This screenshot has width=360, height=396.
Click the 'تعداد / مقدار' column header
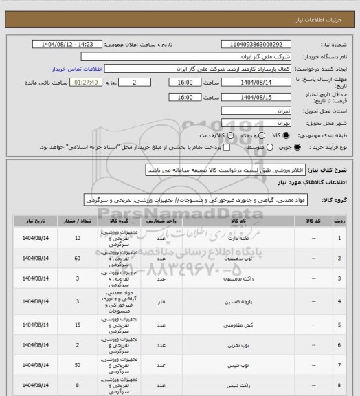[78, 223]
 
